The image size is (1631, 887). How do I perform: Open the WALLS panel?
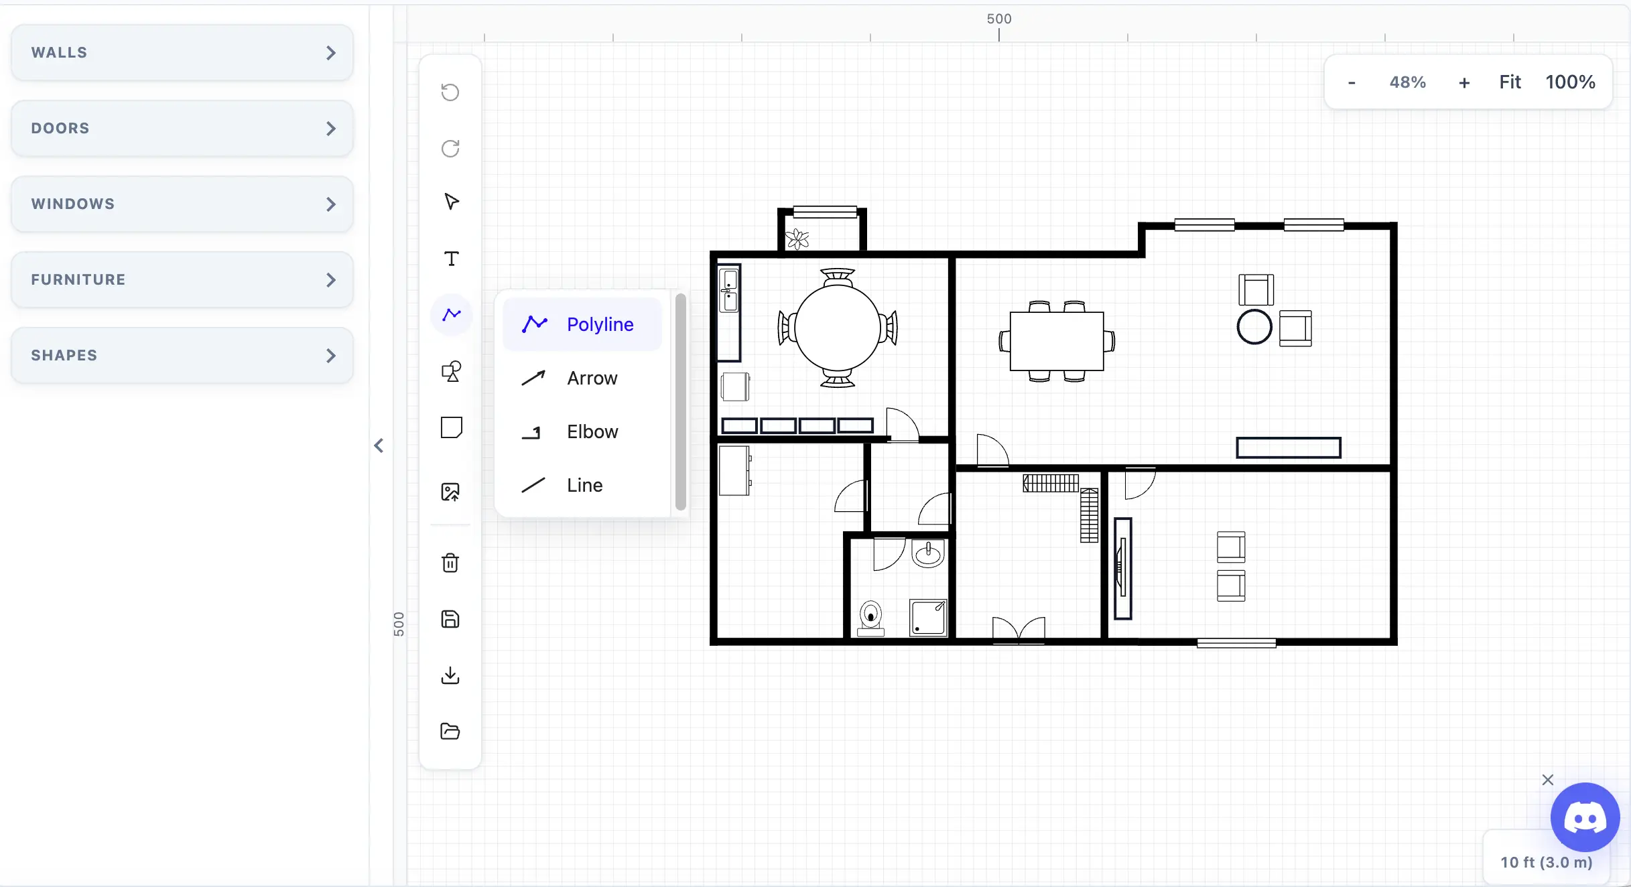182,53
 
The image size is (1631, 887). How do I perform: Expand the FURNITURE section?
182,280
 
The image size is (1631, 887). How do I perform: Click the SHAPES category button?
182,356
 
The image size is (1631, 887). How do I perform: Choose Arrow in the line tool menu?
582,378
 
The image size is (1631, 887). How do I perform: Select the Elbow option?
582,431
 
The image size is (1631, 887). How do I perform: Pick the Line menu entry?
582,485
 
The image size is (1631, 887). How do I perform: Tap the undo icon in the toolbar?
450,92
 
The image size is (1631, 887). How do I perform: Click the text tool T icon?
451,259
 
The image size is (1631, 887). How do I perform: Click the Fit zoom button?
1510,82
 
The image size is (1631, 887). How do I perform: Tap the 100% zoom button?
1570,82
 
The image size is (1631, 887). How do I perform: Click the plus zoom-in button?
1464,82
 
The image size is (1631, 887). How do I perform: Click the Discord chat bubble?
1585,817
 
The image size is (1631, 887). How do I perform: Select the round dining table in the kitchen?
837,328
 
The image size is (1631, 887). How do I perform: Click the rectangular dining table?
1057,341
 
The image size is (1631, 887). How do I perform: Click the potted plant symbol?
797,239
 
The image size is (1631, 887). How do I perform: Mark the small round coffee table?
1254,328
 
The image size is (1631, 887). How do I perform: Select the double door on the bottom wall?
1019,630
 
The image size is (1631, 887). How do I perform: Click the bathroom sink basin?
928,553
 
